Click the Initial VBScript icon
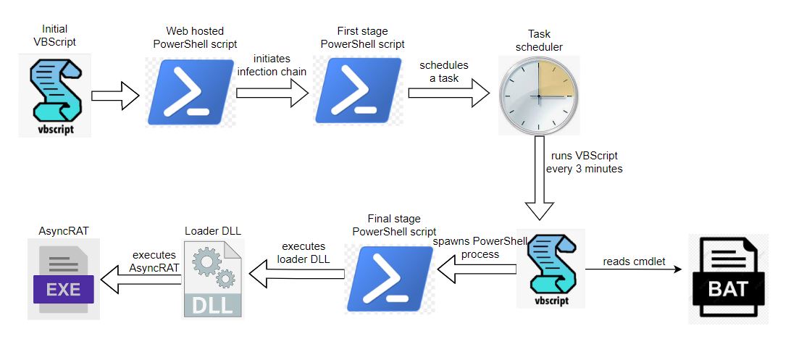(54, 98)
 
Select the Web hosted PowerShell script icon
(192, 93)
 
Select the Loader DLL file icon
(212, 278)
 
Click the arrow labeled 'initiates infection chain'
(272, 93)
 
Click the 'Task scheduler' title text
(538, 41)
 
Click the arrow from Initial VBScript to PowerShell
(114, 95)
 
